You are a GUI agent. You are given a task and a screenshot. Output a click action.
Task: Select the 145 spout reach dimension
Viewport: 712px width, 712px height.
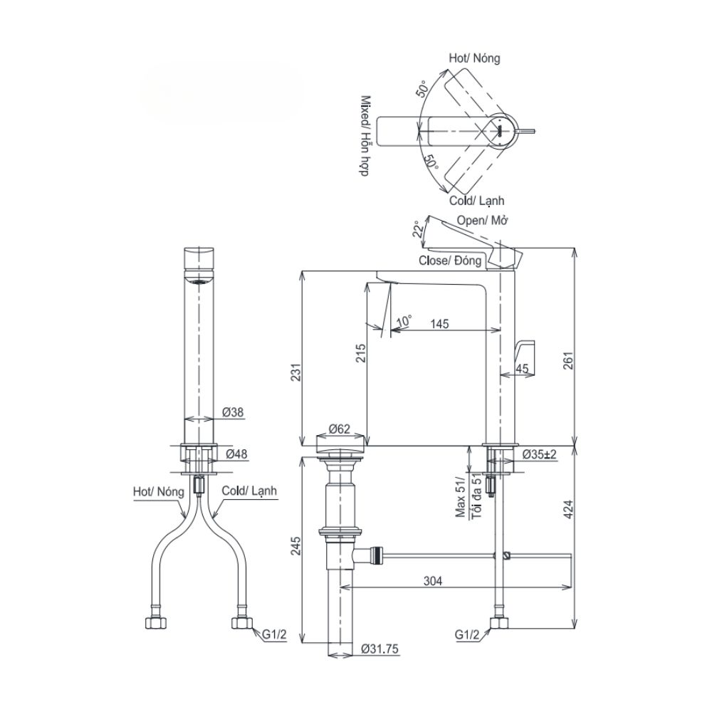(439, 324)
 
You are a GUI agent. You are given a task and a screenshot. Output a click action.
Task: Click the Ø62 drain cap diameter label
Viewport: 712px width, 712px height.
(340, 429)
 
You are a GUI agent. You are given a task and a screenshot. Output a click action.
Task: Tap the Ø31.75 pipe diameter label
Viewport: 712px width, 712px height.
(378, 649)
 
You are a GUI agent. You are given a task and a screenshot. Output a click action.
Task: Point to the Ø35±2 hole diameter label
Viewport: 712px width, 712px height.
(539, 454)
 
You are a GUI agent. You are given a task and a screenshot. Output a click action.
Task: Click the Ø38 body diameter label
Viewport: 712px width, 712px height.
(233, 412)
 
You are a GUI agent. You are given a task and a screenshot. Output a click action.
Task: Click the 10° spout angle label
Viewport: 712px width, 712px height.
(404, 321)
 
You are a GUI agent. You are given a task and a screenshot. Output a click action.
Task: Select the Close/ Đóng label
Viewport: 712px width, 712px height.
(449, 261)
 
